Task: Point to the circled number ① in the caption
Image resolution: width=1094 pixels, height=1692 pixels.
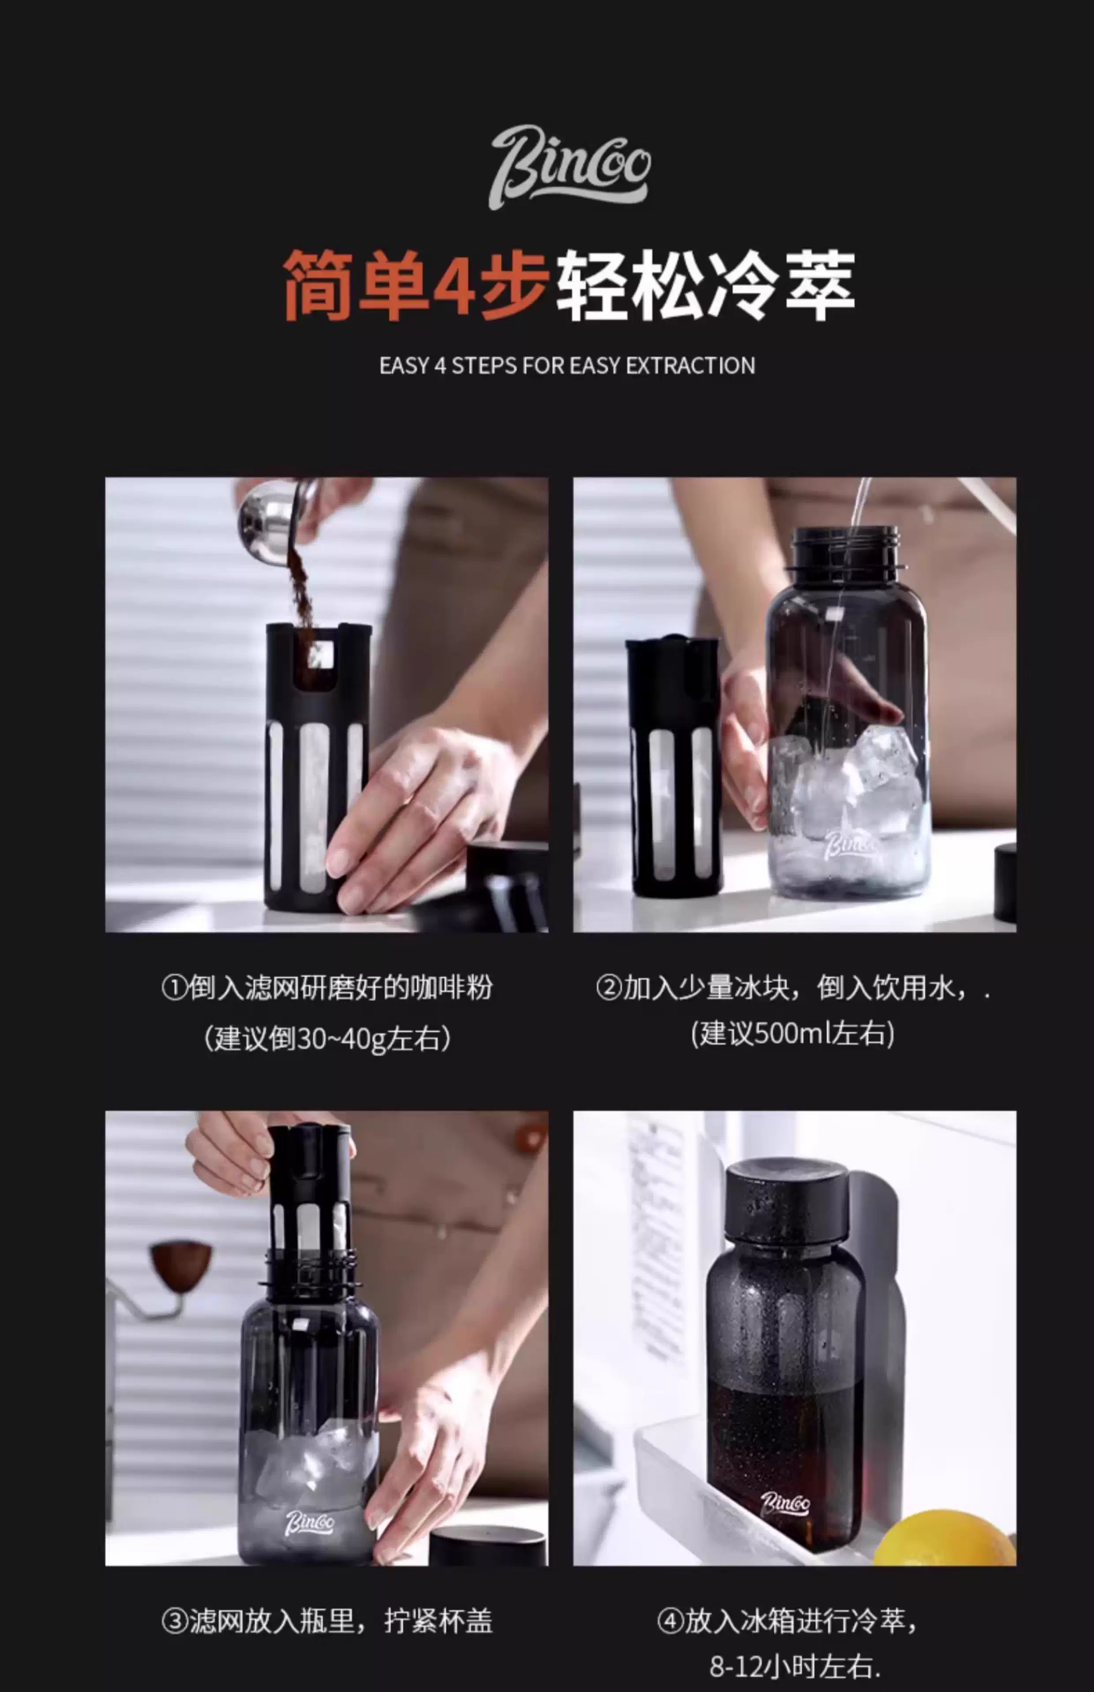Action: click(x=174, y=988)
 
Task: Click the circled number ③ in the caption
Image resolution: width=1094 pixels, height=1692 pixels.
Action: click(x=174, y=1622)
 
